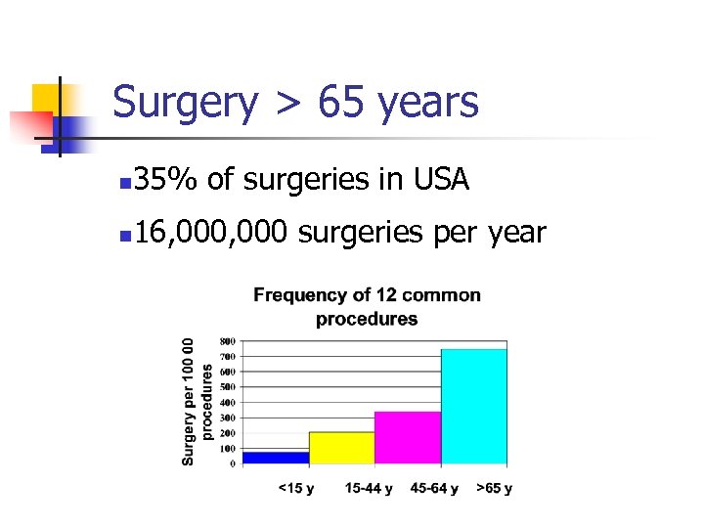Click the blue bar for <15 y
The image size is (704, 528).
[276, 457]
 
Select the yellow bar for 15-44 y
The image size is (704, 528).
[342, 447]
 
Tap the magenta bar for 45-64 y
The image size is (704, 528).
[408, 437]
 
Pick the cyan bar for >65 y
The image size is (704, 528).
[473, 406]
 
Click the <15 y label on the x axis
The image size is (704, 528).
[296, 488]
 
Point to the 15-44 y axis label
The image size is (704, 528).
[369, 488]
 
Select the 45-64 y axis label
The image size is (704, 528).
[435, 488]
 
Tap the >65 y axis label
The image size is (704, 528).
[494, 488]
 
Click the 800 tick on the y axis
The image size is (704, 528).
[226, 341]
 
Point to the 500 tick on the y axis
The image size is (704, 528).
[226, 387]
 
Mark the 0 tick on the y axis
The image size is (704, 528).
[232, 463]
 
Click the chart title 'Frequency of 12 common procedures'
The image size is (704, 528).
[367, 306]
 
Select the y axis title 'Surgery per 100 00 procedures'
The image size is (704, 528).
[198, 402]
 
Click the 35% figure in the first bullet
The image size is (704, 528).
[167, 179]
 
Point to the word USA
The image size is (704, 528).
[442, 179]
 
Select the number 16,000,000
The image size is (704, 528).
[211, 232]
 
